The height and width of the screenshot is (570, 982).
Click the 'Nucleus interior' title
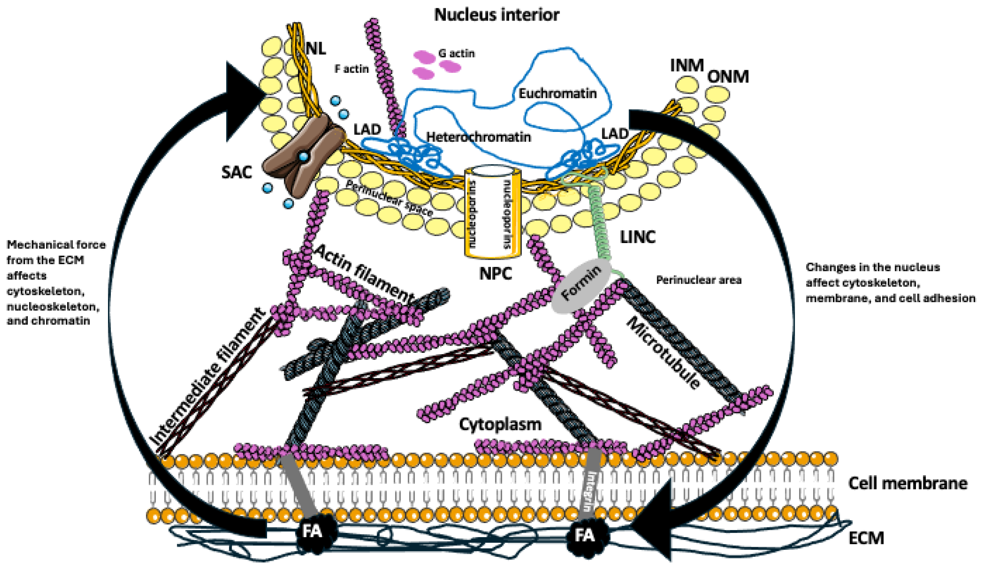[x=497, y=15]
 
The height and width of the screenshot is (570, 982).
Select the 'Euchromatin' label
[x=557, y=94]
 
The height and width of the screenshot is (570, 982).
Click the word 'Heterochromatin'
[x=479, y=137]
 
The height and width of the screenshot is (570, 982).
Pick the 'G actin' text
[x=456, y=53]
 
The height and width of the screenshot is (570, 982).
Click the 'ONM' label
[x=728, y=77]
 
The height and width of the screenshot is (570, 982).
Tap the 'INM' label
[x=687, y=65]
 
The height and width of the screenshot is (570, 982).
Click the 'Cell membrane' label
[x=907, y=483]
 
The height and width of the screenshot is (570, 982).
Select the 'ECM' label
[x=866, y=538]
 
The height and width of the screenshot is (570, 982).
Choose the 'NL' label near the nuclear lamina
[x=316, y=49]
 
